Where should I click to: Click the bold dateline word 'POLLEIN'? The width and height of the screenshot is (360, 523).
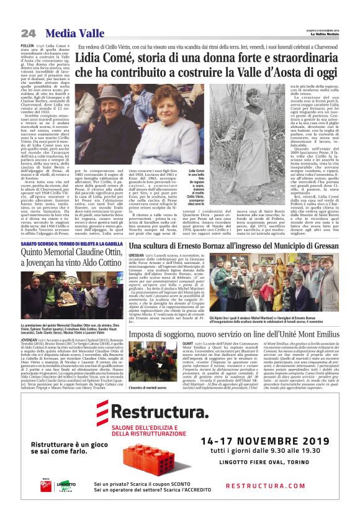click(27, 46)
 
